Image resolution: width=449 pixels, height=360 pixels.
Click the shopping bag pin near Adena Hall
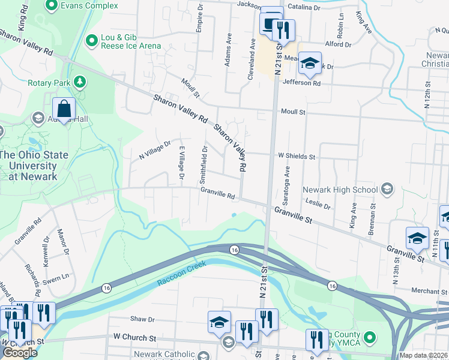click(64, 109)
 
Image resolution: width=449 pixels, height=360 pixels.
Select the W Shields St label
click(296, 156)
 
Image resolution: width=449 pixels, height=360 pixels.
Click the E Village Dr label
click(181, 161)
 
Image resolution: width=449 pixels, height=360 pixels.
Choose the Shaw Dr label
click(143, 320)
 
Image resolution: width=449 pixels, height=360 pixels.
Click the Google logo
click(20, 352)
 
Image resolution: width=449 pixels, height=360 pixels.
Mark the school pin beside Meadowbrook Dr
click(310, 62)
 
